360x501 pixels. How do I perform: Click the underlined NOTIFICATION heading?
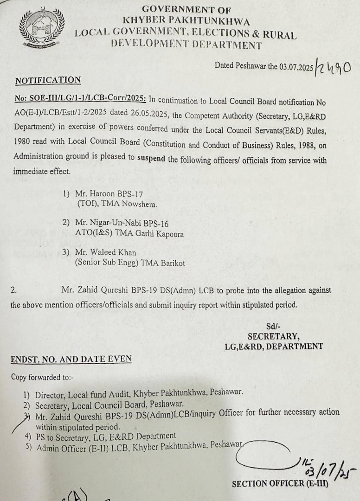click(x=48, y=80)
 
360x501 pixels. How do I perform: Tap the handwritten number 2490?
click(x=333, y=67)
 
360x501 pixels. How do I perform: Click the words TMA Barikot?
click(x=167, y=263)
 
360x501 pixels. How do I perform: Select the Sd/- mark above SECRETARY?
click(x=273, y=326)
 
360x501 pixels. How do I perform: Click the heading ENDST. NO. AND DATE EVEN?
click(x=71, y=359)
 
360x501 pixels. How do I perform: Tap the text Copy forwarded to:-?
click(x=42, y=377)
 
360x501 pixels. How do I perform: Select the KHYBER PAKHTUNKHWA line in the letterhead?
click(x=186, y=21)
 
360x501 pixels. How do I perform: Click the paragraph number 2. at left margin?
click(x=14, y=290)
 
